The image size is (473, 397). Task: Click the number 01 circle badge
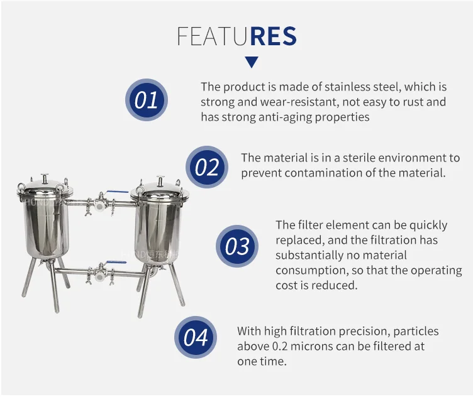click(146, 101)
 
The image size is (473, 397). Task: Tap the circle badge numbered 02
click(206, 167)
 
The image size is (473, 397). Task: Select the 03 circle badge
click(237, 246)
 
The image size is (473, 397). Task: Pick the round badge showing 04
click(196, 337)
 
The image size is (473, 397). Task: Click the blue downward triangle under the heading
click(252, 62)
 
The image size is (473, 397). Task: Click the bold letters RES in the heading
click(273, 37)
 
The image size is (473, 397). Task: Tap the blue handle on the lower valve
click(113, 263)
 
